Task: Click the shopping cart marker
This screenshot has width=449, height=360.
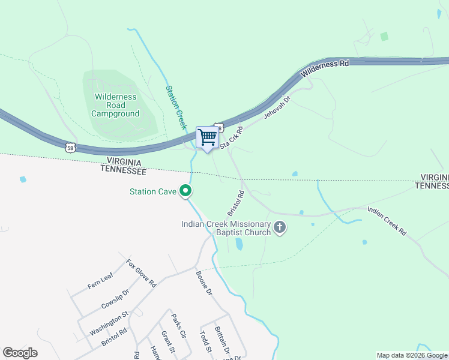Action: [x=208, y=137]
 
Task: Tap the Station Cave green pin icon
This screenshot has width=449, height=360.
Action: [x=186, y=191]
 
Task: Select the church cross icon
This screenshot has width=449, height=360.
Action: [x=279, y=227]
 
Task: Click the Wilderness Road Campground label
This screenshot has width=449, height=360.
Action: [x=115, y=105]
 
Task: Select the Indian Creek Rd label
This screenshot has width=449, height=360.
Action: [x=387, y=220]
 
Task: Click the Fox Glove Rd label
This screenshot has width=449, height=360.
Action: [x=141, y=273]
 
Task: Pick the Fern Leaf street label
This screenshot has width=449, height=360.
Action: [x=100, y=280]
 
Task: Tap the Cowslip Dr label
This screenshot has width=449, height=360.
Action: [x=115, y=299]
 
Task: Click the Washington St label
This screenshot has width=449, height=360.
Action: [x=109, y=323]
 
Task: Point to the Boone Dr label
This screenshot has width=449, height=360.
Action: [x=204, y=283]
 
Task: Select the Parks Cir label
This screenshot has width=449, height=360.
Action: [x=179, y=325]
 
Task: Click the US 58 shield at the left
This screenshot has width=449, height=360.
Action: [x=70, y=146]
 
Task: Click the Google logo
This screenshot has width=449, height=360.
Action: [x=20, y=353]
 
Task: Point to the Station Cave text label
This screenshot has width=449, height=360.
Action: [x=152, y=192]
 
